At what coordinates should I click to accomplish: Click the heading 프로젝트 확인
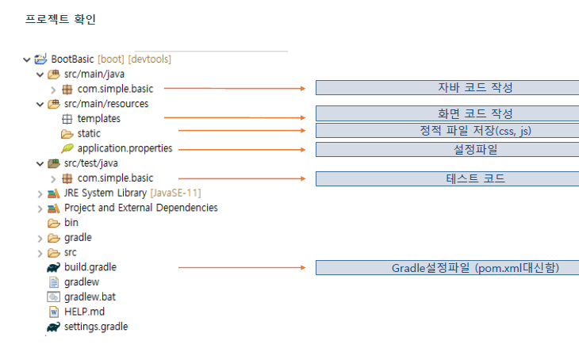pos(61,18)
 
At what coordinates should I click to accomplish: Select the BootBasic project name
pos(73,59)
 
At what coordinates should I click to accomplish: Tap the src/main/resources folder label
pos(106,103)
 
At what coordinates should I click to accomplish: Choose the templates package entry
pos(99,118)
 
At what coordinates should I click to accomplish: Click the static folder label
pos(89,133)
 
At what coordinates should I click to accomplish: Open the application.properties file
pos(125,148)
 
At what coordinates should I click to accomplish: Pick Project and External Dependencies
pos(140,208)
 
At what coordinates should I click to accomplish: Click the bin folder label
pos(71,223)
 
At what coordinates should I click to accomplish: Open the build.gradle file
pos(90,267)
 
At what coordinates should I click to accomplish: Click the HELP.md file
pos(84,312)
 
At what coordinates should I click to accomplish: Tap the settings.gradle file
pos(96,326)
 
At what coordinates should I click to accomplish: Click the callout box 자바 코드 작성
pos(447,87)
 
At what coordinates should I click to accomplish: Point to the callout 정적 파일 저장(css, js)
pos(447,130)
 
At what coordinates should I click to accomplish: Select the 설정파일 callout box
pos(447,149)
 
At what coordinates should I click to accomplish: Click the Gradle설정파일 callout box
pos(447,267)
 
